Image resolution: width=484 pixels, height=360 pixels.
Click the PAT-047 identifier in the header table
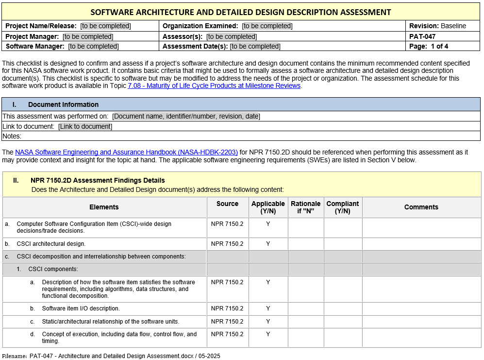click(x=422, y=36)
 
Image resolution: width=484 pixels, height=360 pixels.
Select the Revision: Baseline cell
click(x=437, y=26)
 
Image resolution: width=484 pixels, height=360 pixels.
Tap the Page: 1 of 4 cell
click(x=429, y=46)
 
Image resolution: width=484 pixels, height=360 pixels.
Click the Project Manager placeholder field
click(x=88, y=36)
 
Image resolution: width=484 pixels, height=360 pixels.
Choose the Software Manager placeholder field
click(x=93, y=46)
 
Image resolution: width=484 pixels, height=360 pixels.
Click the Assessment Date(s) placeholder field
click(x=255, y=46)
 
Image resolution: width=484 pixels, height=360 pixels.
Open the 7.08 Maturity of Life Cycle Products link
click(x=214, y=86)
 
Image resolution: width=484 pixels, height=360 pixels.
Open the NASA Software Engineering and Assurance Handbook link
click(x=126, y=152)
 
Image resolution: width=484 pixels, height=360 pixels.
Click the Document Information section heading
click(x=63, y=104)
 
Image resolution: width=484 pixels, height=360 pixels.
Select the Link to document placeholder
click(x=85, y=126)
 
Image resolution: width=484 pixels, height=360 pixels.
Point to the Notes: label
click(x=12, y=136)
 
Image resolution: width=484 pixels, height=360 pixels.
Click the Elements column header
click(x=104, y=207)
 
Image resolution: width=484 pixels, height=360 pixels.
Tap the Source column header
click(x=228, y=204)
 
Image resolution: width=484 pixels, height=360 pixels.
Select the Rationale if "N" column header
click(x=306, y=207)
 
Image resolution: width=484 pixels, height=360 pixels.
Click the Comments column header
click(x=421, y=207)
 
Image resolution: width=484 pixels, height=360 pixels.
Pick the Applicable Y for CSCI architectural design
click(x=268, y=243)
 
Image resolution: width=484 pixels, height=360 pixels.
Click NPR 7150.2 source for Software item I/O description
click(x=227, y=308)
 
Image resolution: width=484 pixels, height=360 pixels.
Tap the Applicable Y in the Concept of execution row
click(x=268, y=334)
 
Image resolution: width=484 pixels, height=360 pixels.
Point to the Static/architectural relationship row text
click(x=111, y=321)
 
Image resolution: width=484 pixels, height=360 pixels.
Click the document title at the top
click(x=241, y=12)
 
